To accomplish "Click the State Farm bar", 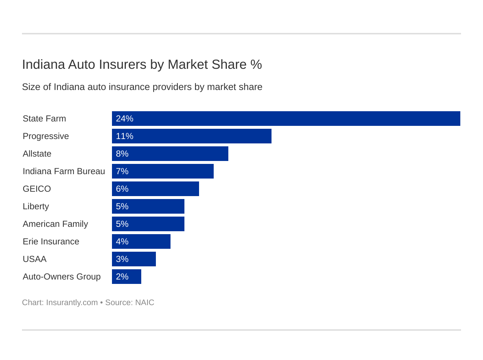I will click(286, 119).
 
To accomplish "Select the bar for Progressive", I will click(191, 136).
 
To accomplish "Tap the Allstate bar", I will click(170, 154).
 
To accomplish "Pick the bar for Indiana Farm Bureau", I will click(162, 171).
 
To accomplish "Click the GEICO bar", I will click(155, 189).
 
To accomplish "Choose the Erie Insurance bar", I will click(141, 241).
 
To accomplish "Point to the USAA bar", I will click(134, 259).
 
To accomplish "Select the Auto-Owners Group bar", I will click(126, 277).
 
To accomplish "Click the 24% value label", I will click(124, 119).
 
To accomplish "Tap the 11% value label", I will click(124, 136).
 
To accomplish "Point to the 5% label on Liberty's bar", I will click(122, 206).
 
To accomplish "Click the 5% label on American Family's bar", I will click(122, 224).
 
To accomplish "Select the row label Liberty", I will click(36, 206).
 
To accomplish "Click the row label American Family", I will click(55, 224).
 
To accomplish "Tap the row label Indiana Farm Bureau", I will click(64, 171).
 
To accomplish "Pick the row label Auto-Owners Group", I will click(61, 277).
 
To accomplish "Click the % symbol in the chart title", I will click(256, 64).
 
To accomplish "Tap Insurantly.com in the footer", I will click(72, 303).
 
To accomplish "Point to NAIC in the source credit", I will click(145, 303).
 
